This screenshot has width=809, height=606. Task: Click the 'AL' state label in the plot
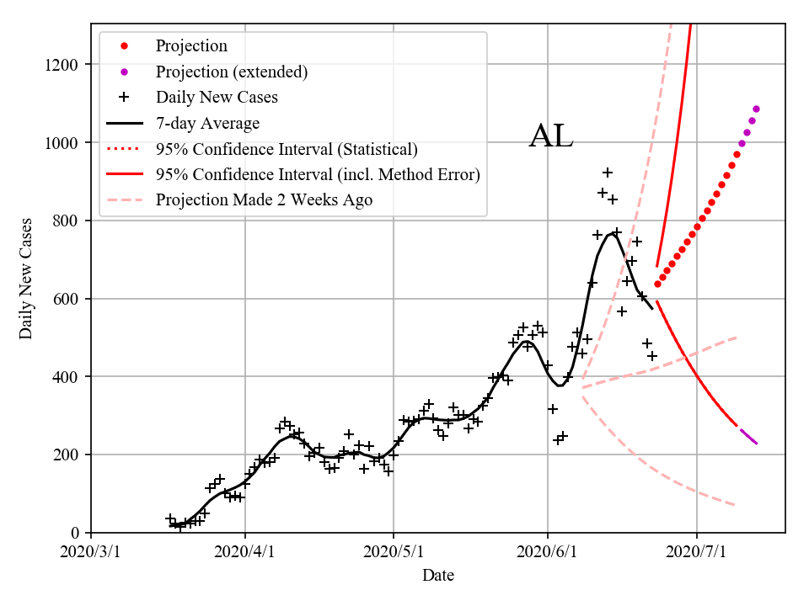point(551,137)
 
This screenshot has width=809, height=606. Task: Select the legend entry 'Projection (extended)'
point(231,72)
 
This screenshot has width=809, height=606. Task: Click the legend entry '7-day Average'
point(207,123)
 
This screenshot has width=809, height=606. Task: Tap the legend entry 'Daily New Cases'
point(217,98)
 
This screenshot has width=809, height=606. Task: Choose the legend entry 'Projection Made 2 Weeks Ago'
point(264,200)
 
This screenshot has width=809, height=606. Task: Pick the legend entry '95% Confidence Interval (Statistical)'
point(287,149)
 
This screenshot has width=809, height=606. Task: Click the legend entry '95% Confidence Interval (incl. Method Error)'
point(318,174)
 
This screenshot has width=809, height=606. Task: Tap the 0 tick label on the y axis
point(76,533)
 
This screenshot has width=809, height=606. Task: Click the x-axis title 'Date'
point(438,576)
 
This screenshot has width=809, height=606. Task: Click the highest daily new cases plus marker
point(608,173)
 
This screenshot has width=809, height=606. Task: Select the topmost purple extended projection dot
point(756,109)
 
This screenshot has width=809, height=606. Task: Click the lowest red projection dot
point(657,284)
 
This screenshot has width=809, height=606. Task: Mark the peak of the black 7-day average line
point(613,233)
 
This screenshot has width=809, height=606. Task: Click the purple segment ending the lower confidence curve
point(748,436)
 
